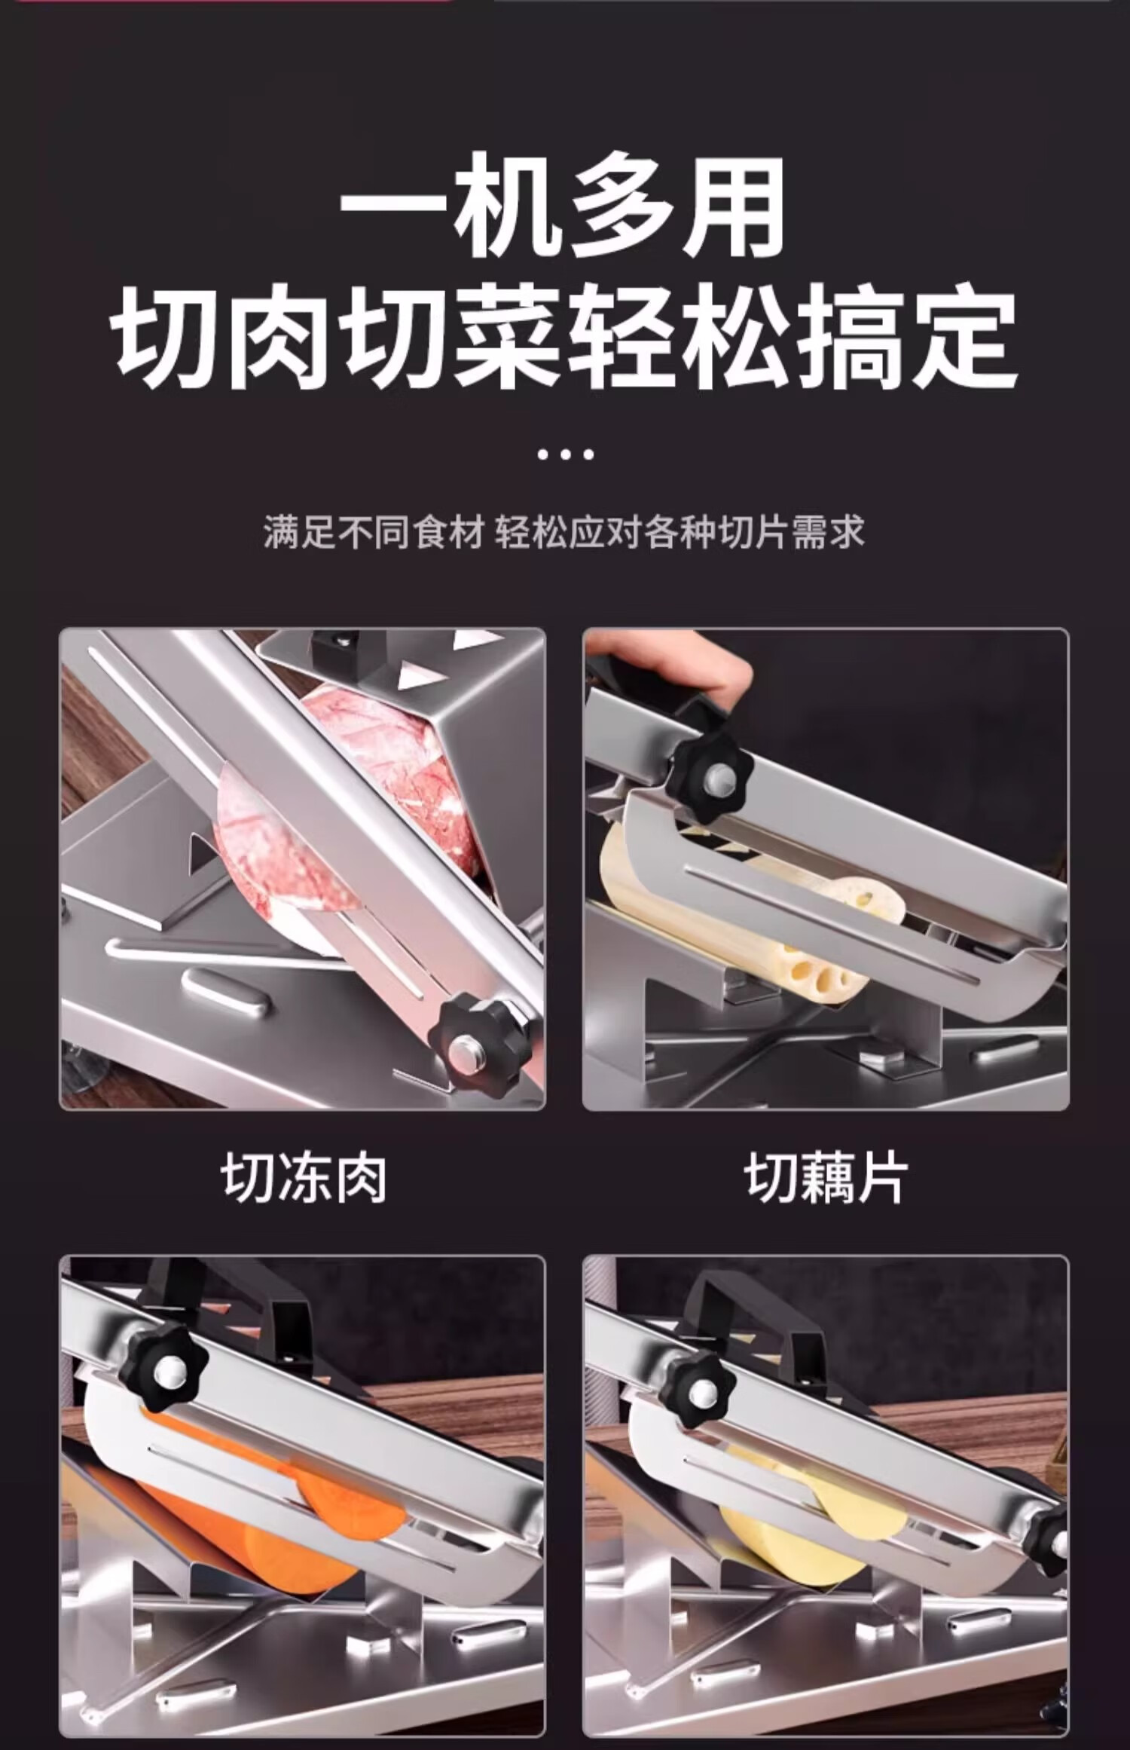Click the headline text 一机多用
tap(563, 204)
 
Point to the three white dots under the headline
tap(566, 454)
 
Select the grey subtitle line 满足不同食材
tap(373, 532)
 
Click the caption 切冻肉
tap(304, 1179)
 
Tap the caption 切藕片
tap(826, 1179)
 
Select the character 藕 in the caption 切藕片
tap(826, 1179)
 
